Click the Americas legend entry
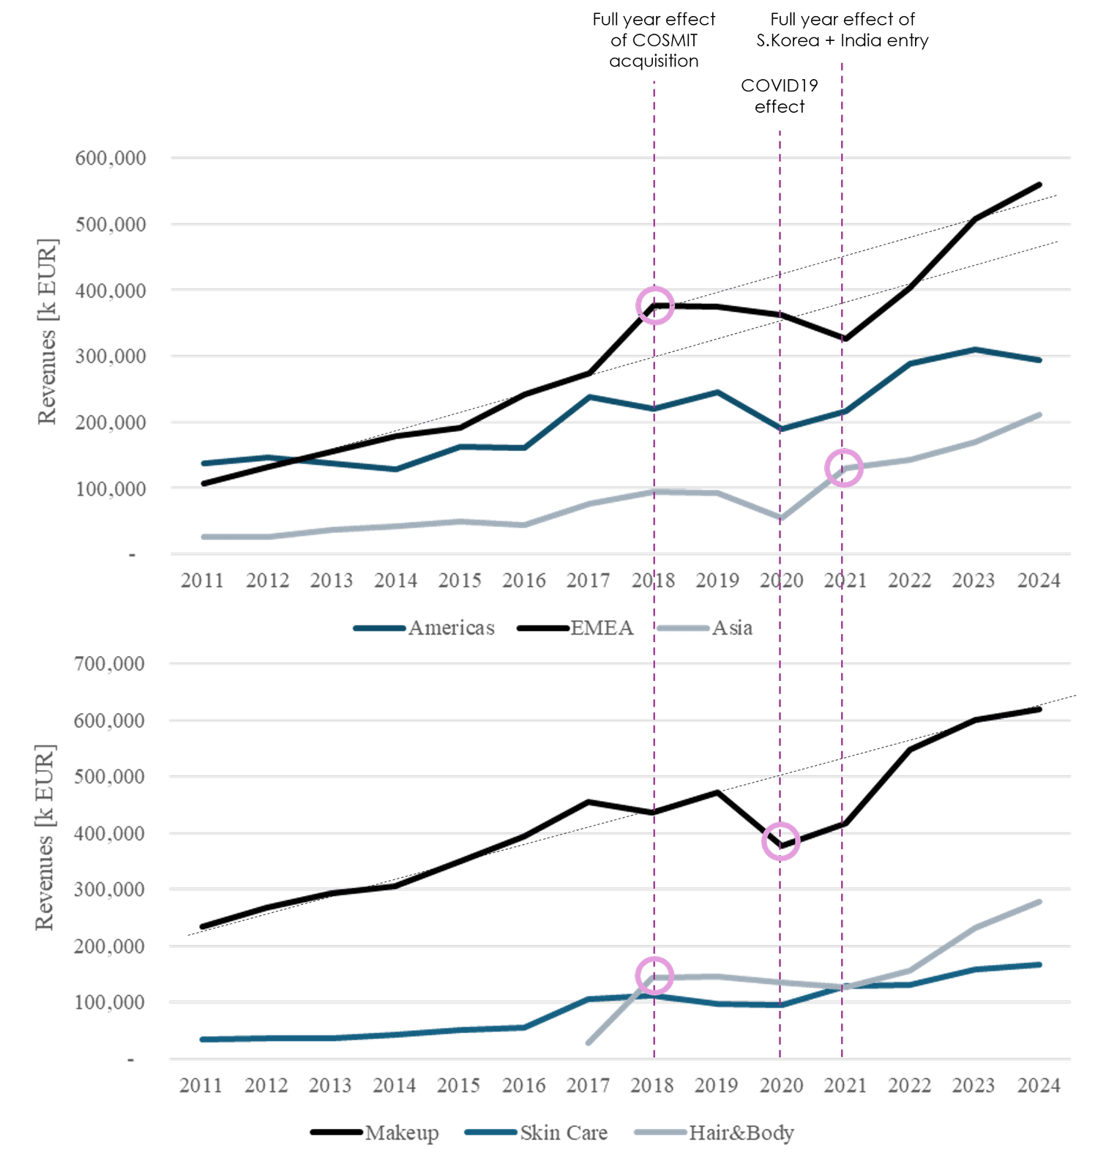(425, 628)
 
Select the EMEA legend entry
(575, 628)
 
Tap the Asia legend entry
(705, 628)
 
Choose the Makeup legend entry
(375, 1133)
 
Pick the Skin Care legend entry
(536, 1133)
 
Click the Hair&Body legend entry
(714, 1133)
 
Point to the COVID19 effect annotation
(780, 96)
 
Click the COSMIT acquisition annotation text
(654, 40)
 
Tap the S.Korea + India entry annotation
(843, 29)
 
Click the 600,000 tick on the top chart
(111, 157)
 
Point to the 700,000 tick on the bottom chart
(110, 663)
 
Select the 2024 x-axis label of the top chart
(1039, 581)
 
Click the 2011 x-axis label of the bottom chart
(201, 1085)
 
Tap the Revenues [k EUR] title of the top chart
(47, 331)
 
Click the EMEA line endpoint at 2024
(1039, 184)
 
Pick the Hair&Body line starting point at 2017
(589, 1043)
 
